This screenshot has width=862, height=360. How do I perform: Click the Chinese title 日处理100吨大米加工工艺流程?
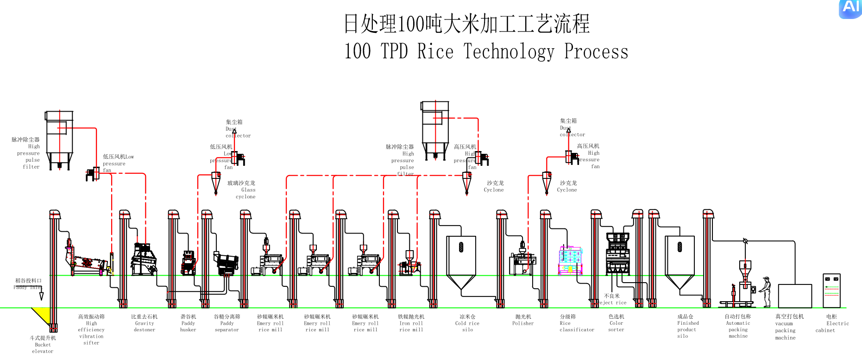[466, 24]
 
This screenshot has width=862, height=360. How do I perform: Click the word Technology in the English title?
[509, 51]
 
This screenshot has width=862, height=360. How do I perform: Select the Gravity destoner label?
[145, 323]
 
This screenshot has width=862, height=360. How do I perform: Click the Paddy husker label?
[188, 323]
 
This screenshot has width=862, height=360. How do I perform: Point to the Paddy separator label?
[227, 323]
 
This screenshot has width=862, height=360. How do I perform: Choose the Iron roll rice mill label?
[411, 323]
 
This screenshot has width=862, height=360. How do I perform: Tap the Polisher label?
[523, 320]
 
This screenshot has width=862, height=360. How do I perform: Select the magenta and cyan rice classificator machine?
[570, 260]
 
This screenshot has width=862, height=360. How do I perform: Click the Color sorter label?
[616, 323]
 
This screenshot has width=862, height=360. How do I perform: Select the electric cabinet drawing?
[831, 291]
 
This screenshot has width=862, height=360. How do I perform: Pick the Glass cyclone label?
[242, 189]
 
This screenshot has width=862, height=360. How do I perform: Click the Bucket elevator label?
[43, 345]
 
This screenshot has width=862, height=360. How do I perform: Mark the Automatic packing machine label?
[738, 326]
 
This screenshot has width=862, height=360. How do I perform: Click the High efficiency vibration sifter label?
[91, 330]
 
